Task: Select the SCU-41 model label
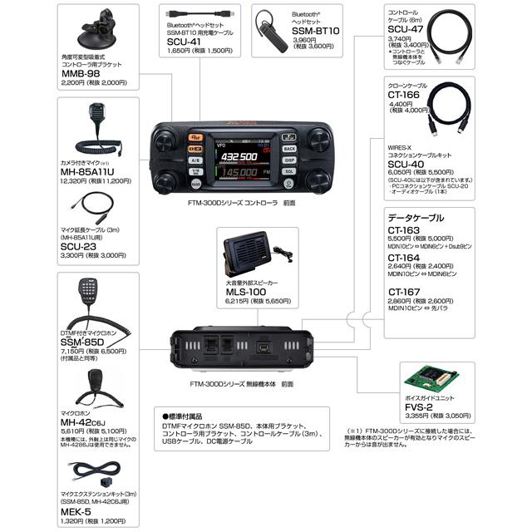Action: (184, 40)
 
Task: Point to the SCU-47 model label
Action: (406, 27)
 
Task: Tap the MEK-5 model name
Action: (78, 511)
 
